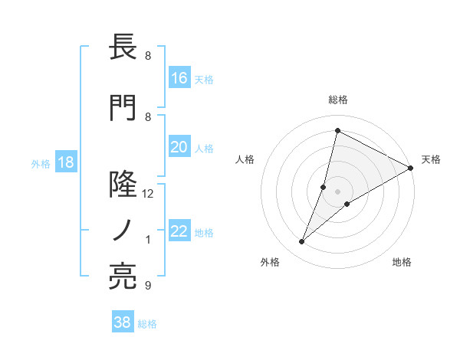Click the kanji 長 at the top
[123, 48]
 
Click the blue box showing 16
[179, 78]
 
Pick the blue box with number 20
[179, 148]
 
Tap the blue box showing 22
[179, 232]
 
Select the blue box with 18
[65, 163]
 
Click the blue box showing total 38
[123, 323]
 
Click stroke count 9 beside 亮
[148, 286]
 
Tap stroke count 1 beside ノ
[148, 240]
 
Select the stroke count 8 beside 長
[148, 56]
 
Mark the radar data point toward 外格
[302, 242]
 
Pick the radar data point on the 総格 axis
[337, 130]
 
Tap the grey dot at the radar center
[337, 191]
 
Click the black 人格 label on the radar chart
[245, 159]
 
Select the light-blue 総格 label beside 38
[148, 324]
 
